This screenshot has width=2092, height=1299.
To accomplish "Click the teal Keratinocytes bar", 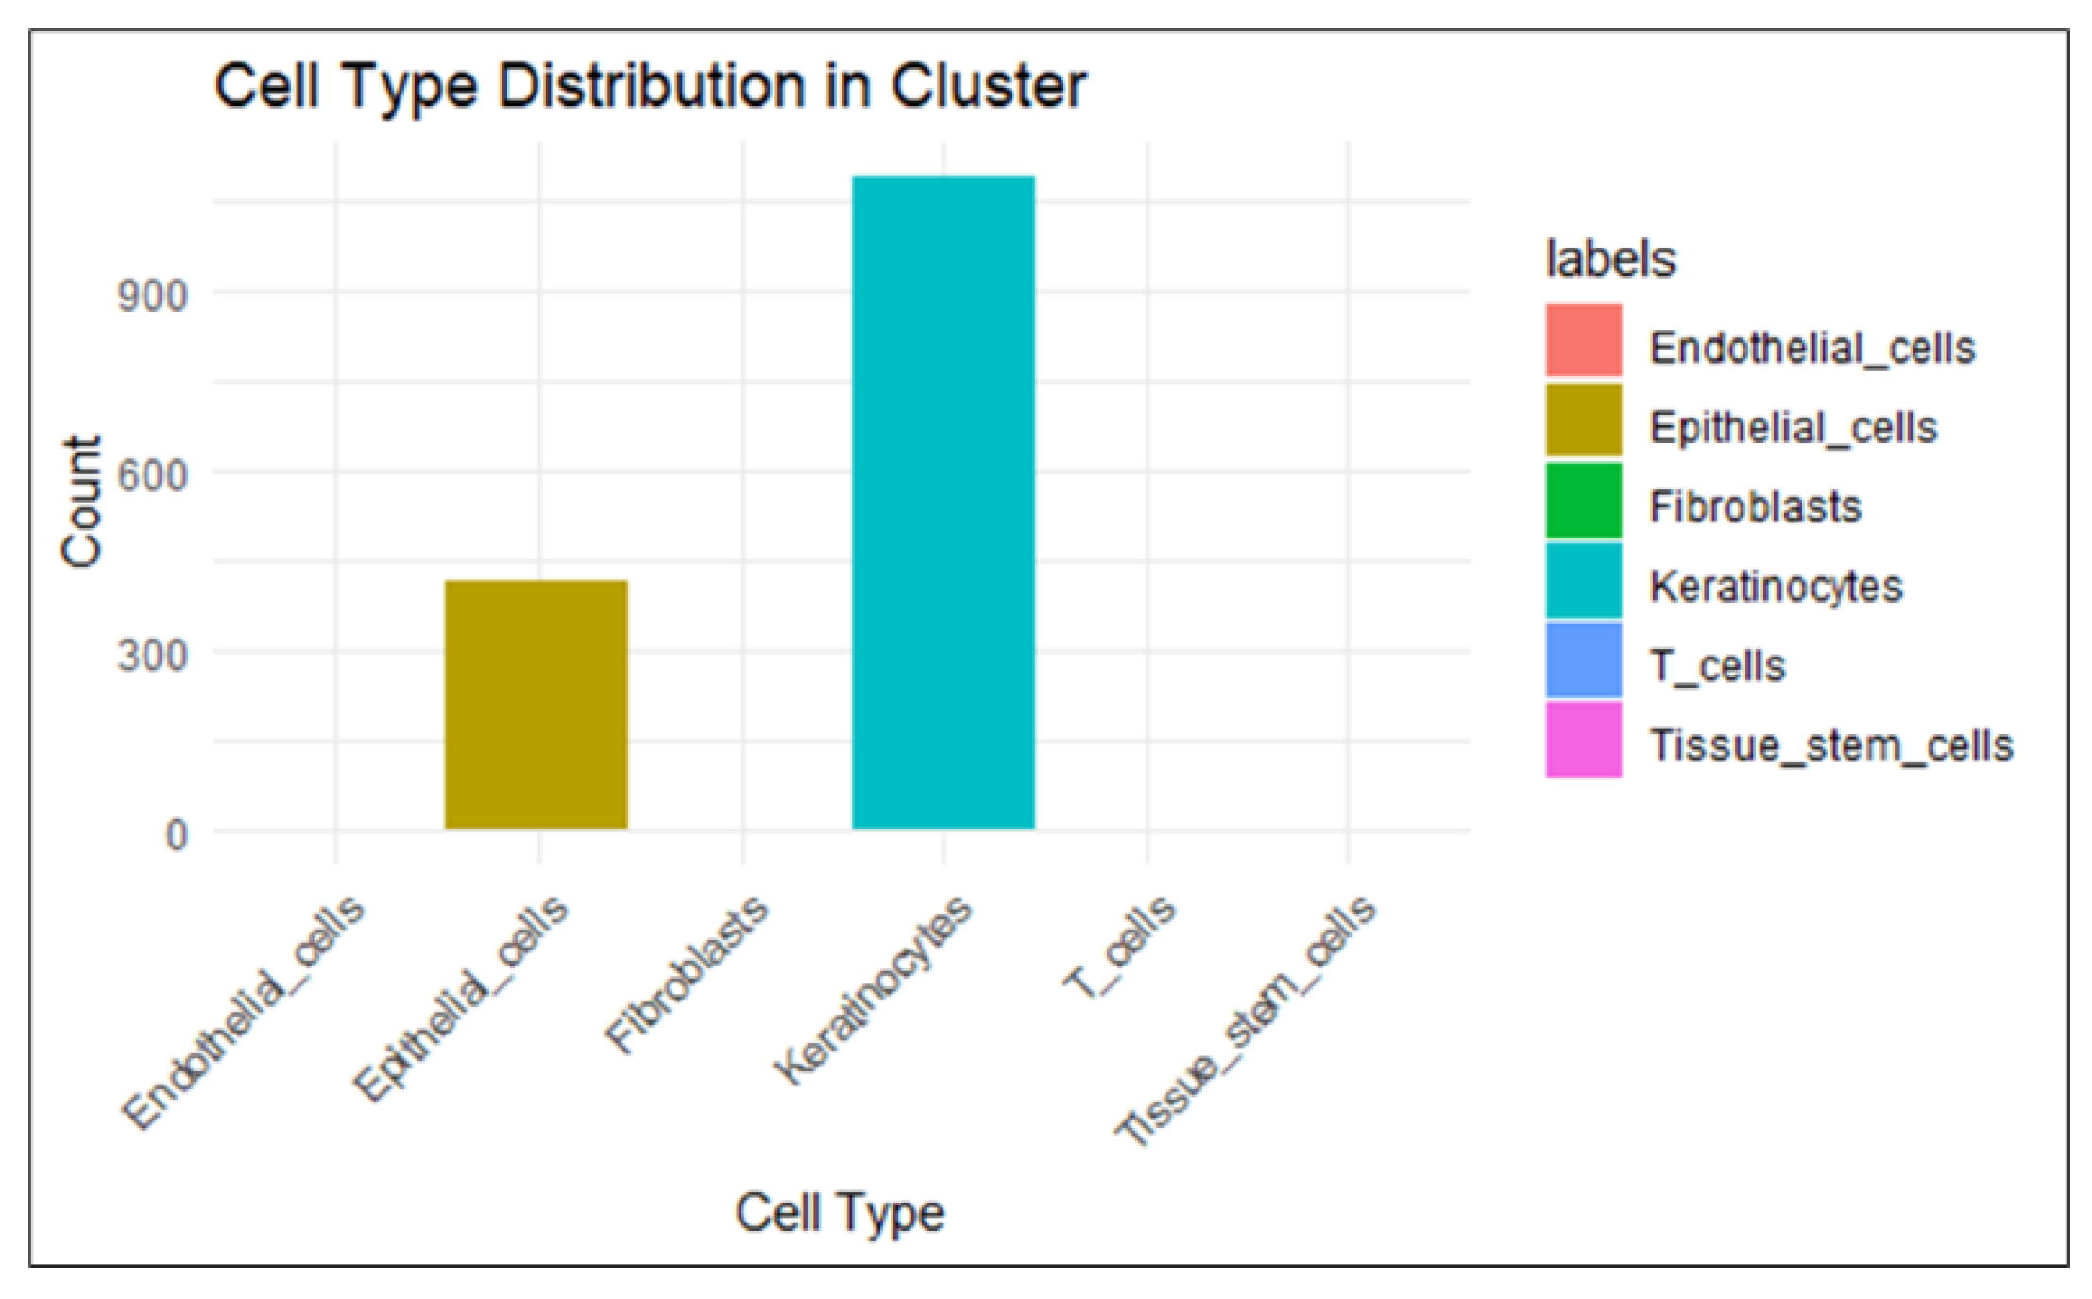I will pos(943,502).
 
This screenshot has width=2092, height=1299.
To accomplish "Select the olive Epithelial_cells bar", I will pos(536,704).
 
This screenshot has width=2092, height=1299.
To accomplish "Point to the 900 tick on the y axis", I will pos(152,296).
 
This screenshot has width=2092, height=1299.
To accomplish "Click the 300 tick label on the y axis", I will pos(152,654).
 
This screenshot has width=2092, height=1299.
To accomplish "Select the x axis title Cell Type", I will pos(839,1212).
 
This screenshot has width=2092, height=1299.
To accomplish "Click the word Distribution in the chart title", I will pos(652,87).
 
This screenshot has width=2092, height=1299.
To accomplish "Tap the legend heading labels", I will pos(1610,258).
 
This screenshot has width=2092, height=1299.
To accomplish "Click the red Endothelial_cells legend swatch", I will pos(1584,340).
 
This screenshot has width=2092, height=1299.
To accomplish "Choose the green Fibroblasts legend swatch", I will pos(1584,500).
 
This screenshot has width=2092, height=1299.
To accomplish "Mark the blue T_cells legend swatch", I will pos(1584,659).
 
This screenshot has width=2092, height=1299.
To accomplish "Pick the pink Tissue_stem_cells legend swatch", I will pos(1584,739).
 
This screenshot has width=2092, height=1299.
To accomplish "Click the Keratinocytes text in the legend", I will pos(1776,587).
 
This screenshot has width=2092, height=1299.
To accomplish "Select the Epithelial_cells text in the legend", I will pos(1793,428).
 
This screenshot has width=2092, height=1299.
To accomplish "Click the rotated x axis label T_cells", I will pos(1119,947).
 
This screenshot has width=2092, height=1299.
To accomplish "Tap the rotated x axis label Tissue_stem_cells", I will pos(1246,1020).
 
